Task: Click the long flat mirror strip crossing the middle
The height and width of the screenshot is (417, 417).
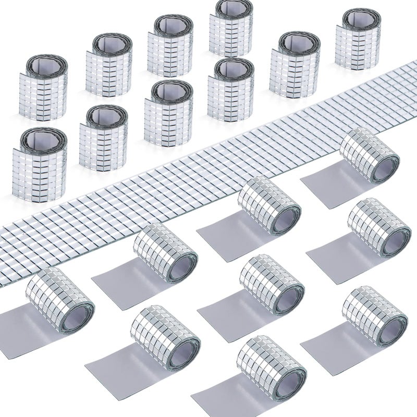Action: [208, 172]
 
